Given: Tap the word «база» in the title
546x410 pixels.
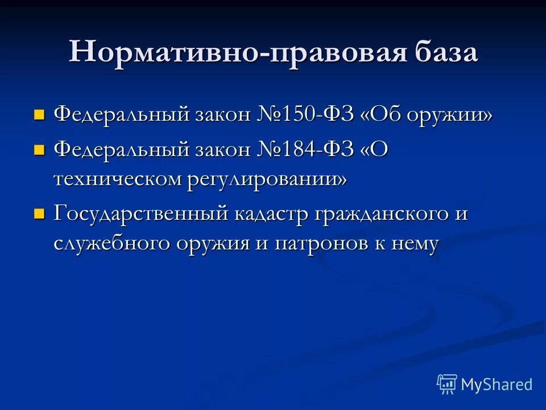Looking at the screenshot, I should pyautogui.click(x=444, y=52).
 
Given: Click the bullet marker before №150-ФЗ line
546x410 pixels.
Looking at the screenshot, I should pyautogui.click(x=39, y=115).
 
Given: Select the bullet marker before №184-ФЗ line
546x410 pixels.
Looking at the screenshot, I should pyautogui.click(x=39, y=150).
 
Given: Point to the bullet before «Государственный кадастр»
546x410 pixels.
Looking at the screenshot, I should pyautogui.click(x=39, y=215).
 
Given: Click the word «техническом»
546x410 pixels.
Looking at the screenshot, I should pyautogui.click(x=117, y=179).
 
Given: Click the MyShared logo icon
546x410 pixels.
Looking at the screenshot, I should pyautogui.click(x=446, y=384).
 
